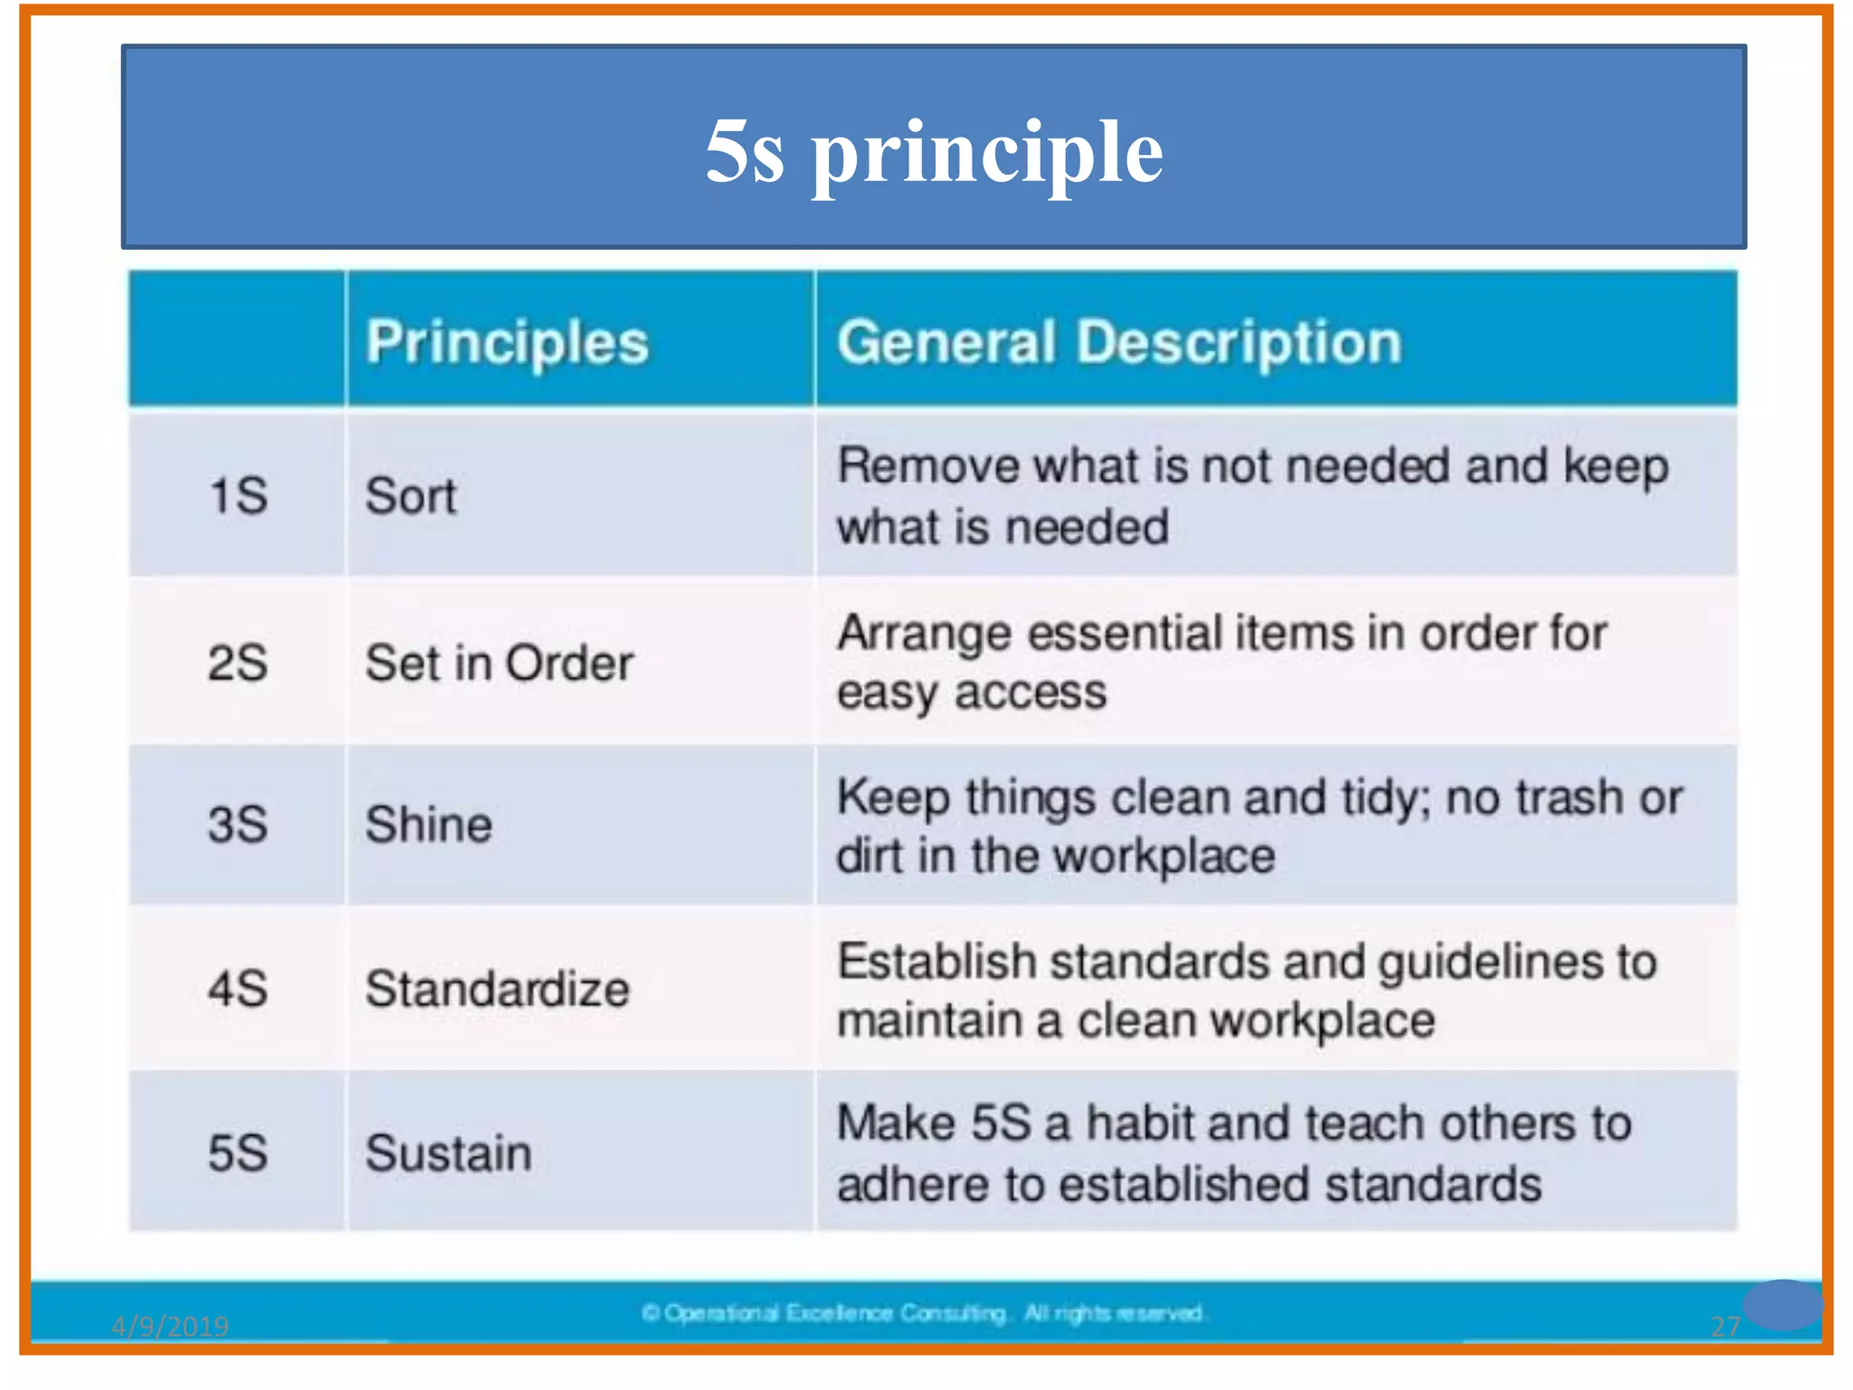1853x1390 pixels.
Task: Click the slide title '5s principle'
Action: [x=934, y=152]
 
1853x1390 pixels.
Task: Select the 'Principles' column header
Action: [x=507, y=343]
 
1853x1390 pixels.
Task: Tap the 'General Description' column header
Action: [x=1118, y=343]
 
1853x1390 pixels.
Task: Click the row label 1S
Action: [x=238, y=496]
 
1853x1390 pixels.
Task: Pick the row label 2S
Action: [x=238, y=662]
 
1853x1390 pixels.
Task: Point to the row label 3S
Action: [x=238, y=824]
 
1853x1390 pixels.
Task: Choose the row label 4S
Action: [x=238, y=988]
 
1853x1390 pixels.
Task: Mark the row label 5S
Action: [x=238, y=1153]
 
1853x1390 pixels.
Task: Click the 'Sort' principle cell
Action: [x=411, y=496]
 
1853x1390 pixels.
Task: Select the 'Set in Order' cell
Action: [x=499, y=662]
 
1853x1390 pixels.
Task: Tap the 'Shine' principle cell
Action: [x=428, y=824]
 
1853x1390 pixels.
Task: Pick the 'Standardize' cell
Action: [x=497, y=988]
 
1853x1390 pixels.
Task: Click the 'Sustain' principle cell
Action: [x=448, y=1153]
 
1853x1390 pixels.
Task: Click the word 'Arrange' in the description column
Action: [x=924, y=633]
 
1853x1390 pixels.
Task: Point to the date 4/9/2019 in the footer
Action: [x=170, y=1326]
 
